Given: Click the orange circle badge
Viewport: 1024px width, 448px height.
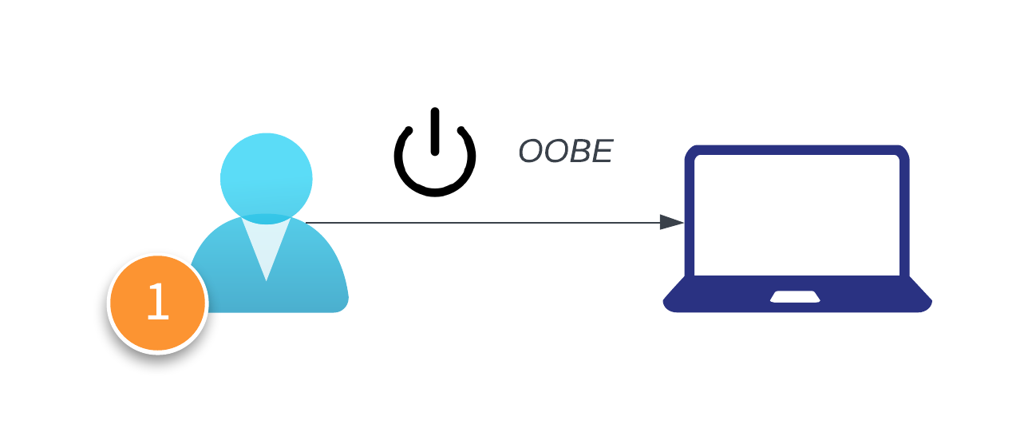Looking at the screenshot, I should pos(158,303).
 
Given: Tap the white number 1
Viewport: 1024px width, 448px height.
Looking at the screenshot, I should pos(158,303).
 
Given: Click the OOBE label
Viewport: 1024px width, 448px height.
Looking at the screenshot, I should pos(565,152).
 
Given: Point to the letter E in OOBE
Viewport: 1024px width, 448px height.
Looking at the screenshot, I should pos(601,152).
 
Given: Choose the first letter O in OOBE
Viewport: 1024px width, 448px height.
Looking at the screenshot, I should pos(530,152).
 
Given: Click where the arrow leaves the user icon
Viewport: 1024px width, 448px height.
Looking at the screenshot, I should pos(308,223).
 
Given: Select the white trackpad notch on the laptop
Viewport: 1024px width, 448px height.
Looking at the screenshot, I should pos(796,297).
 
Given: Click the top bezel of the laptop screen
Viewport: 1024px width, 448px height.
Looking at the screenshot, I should pos(797,149).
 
